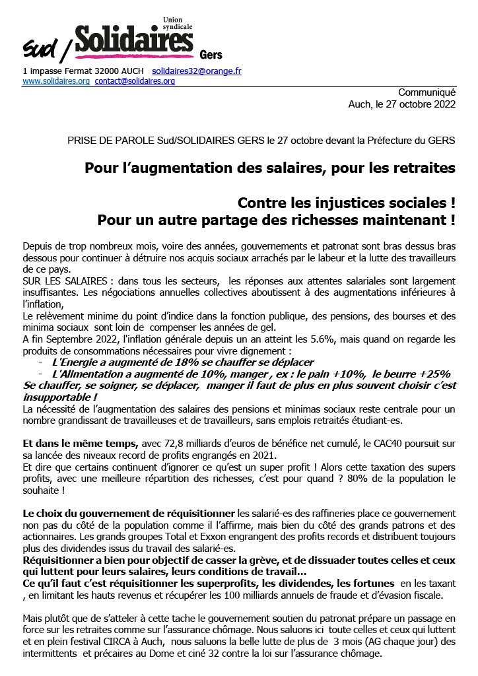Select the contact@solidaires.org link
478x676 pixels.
pyautogui.click(x=135, y=81)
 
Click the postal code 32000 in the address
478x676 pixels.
pyautogui.click(x=107, y=70)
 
